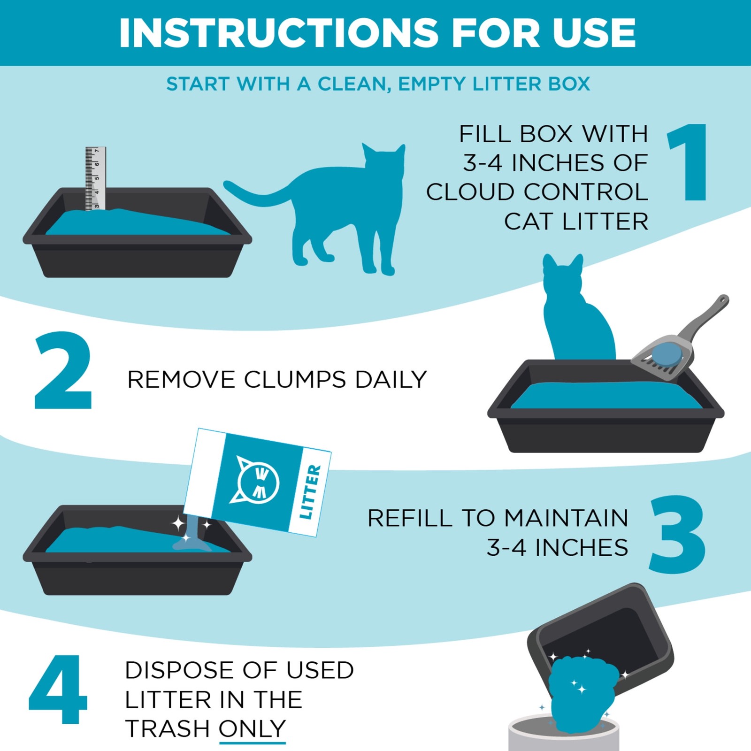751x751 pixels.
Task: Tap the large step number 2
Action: (x=63, y=370)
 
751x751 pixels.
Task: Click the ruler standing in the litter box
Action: (x=95, y=179)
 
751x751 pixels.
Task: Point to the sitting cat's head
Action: (x=563, y=274)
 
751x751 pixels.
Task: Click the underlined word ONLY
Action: (x=253, y=729)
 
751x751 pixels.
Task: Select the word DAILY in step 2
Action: (x=391, y=379)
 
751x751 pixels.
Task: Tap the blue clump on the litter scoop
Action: (x=667, y=353)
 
